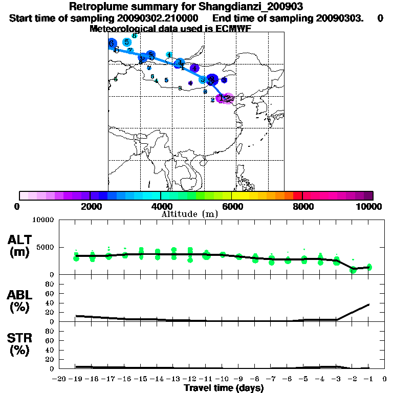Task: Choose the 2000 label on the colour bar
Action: pyautogui.click(x=90, y=206)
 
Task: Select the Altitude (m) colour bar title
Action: pyautogui.click(x=190, y=214)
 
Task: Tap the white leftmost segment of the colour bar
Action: pyautogui.click(x=24, y=195)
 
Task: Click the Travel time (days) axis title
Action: pyautogui.click(x=224, y=388)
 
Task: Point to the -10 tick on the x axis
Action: pyautogui.click(x=223, y=379)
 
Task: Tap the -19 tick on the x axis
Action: pyautogui.click(x=76, y=379)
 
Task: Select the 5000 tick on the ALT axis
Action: pyautogui.click(x=46, y=247)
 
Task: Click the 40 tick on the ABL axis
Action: pyautogui.click(x=50, y=303)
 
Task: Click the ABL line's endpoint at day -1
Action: pyautogui.click(x=369, y=304)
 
